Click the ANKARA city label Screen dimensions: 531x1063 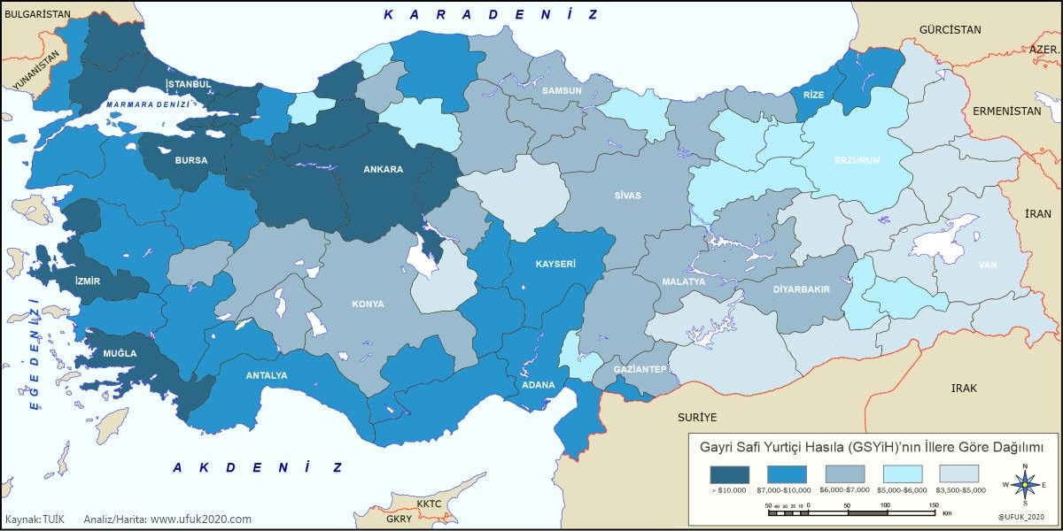[384, 170]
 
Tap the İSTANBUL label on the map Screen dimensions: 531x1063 [189, 84]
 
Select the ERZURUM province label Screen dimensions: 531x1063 [857, 161]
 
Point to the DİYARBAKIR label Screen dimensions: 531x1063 [801, 289]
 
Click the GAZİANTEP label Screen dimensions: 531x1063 [640, 369]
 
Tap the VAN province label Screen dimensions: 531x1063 [988, 265]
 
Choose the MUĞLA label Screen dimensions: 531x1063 [120, 353]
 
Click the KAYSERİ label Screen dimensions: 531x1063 [555, 265]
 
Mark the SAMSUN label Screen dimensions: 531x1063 [562, 90]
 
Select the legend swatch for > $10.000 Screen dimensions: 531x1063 [730, 473]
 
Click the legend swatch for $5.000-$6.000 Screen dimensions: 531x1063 [902, 473]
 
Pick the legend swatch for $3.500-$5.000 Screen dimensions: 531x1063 [958, 473]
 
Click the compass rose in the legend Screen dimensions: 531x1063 [1024, 483]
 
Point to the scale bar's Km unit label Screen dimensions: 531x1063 [947, 512]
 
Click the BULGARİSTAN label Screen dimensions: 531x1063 [36, 13]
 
